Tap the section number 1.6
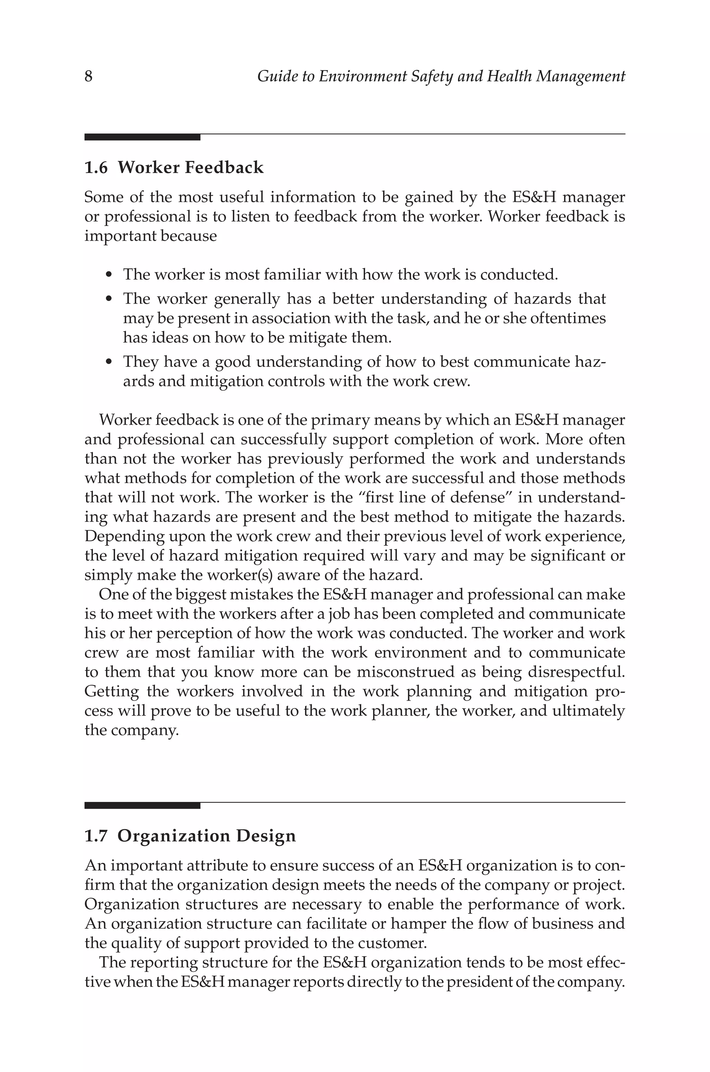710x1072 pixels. click(96, 168)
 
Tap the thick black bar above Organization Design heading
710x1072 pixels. click(142, 805)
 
